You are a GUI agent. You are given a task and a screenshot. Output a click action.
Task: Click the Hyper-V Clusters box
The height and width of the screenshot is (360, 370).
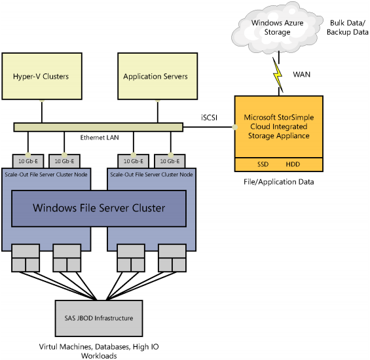click(x=41, y=77)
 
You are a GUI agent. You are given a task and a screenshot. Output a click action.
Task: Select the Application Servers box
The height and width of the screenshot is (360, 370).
click(x=155, y=77)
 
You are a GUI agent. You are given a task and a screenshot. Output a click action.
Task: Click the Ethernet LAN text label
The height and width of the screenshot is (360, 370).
click(x=99, y=138)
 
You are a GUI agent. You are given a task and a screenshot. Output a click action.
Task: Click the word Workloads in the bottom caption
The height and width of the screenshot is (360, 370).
click(x=98, y=355)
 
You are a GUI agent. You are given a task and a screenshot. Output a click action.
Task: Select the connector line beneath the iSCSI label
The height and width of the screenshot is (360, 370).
click(x=209, y=126)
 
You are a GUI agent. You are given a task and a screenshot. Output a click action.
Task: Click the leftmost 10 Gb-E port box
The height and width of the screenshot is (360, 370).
click(x=28, y=160)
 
